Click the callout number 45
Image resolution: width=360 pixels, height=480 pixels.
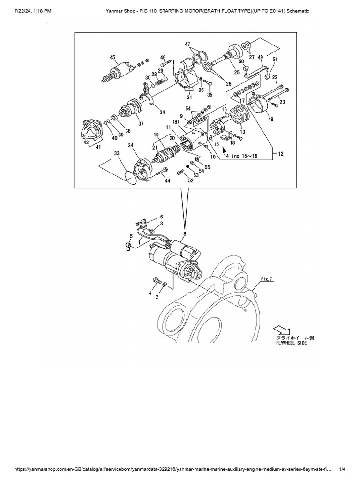pyautogui.click(x=112, y=58)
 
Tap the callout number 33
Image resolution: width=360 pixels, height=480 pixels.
pyautogui.click(x=117, y=154)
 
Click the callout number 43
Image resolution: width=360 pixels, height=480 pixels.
pyautogui.click(x=86, y=142)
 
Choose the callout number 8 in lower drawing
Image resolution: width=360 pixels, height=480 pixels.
pyautogui.click(x=184, y=233)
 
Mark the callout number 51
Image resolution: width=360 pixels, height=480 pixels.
pyautogui.click(x=275, y=59)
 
